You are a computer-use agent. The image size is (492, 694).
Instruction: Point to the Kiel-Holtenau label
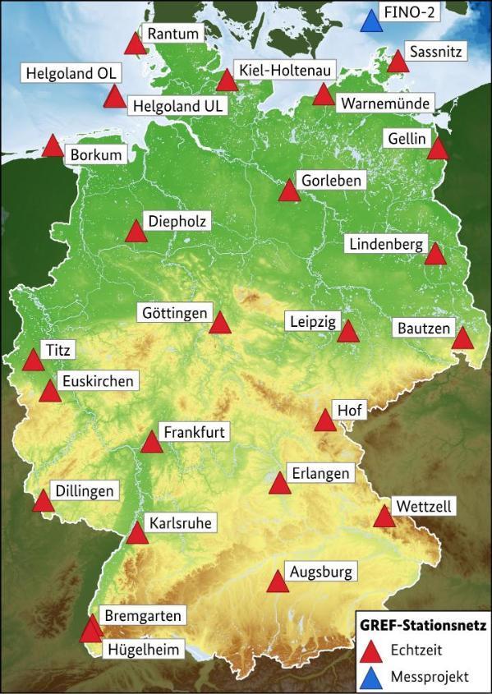tap(281, 71)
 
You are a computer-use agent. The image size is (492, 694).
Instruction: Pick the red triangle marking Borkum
tap(53, 147)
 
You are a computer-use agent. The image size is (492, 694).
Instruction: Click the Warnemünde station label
tap(375, 103)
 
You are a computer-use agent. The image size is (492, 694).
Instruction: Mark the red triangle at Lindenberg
tap(435, 255)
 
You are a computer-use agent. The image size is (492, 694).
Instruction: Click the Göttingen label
tap(174, 313)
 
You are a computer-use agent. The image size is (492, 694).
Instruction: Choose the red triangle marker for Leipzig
tap(348, 332)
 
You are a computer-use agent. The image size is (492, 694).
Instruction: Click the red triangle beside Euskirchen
tap(50, 393)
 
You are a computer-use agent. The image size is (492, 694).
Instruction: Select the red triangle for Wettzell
tap(384, 517)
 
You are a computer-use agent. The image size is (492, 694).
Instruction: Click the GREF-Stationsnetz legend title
tap(422, 625)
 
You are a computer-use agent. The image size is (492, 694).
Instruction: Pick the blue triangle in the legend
tap(374, 677)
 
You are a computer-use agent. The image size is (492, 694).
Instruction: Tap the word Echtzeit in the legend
tap(417, 650)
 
